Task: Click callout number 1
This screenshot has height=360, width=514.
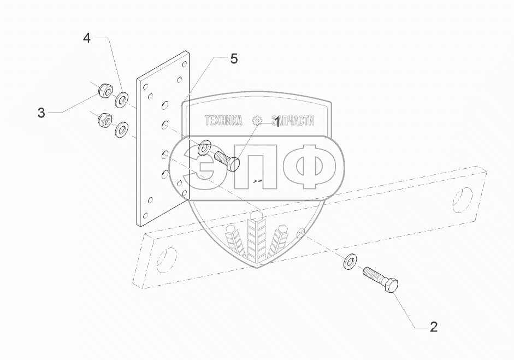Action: coord(277,122)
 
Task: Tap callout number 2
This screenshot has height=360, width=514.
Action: coord(433,327)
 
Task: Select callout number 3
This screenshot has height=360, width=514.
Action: coord(41,113)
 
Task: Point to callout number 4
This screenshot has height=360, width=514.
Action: coord(87,38)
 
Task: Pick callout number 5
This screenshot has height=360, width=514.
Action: coord(233,59)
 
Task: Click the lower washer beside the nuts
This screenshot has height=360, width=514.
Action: coord(121,129)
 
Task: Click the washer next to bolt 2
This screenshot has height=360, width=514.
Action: coord(348,262)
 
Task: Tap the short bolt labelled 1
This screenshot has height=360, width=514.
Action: coord(224,160)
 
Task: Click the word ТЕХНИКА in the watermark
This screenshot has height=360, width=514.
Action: coord(223,121)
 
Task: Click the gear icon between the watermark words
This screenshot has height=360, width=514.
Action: coord(257,121)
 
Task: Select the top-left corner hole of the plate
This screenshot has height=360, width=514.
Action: coord(144,85)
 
